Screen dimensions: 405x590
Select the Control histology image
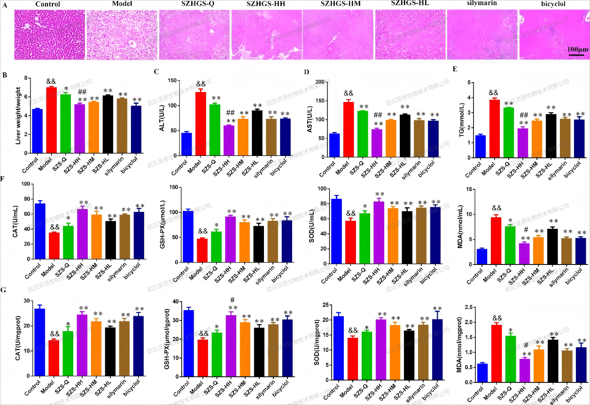tap(49, 34)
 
